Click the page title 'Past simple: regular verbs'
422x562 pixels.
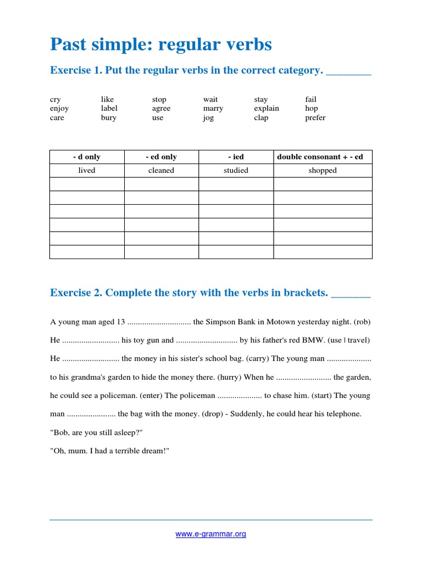160,44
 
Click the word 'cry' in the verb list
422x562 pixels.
55,99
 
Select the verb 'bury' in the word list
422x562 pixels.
108,117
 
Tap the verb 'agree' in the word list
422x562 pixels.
161,109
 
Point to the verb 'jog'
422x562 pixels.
208,118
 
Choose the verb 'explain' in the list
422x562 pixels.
266,109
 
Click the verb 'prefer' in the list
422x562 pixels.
315,118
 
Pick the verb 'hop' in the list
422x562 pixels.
312,109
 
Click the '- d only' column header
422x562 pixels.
87,157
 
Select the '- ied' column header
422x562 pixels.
236,157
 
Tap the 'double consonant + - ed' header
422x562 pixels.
323,157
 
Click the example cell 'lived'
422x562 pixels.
87,171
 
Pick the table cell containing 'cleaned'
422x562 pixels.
161,171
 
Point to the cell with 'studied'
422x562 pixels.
236,171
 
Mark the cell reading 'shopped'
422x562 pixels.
323,171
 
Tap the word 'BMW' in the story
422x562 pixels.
313,340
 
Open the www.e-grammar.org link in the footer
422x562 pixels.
210,534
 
